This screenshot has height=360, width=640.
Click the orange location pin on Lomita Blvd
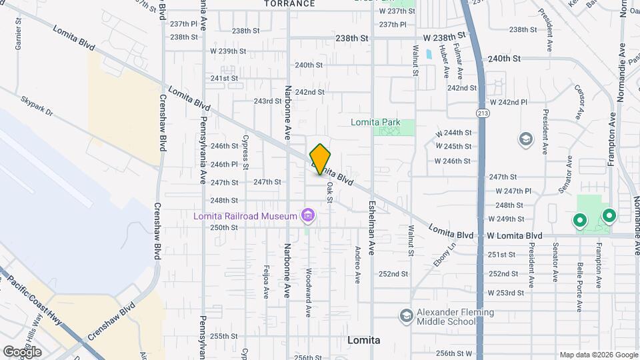point(320,159)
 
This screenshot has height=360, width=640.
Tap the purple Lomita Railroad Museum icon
point(307,215)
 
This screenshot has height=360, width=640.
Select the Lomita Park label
point(376,122)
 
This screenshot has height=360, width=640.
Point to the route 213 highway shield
point(481,114)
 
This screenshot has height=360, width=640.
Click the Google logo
point(22,351)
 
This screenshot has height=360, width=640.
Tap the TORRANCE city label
point(289,4)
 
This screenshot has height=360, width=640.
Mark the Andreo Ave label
point(357,264)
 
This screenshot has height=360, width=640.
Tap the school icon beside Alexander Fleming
point(406,315)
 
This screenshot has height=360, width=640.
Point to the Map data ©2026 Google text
point(598,355)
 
